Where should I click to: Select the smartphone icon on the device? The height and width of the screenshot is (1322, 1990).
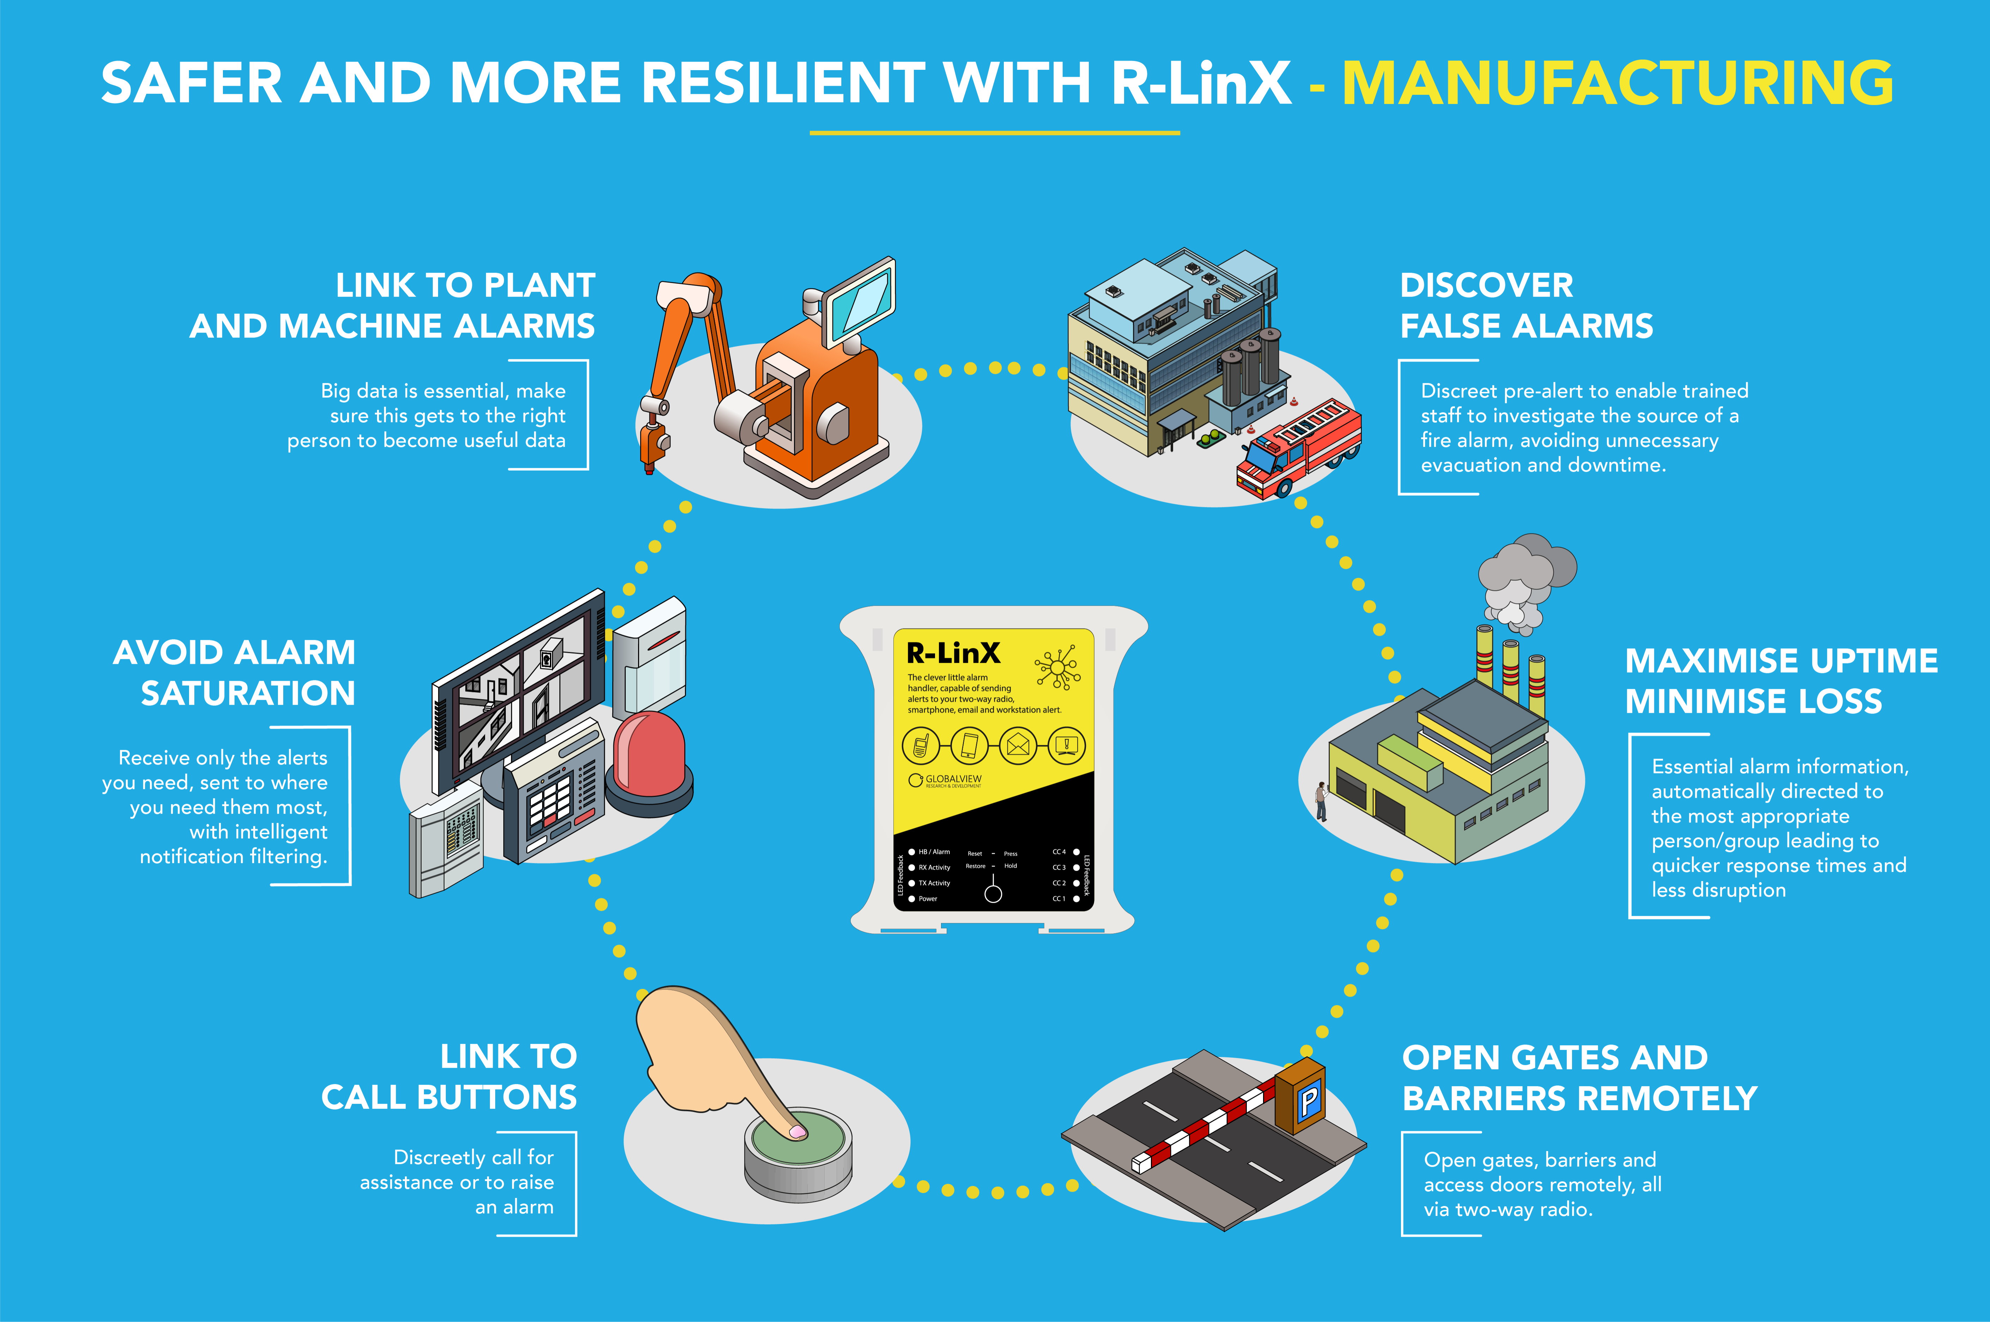[x=969, y=745]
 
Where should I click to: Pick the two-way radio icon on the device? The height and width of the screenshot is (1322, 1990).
[x=920, y=745]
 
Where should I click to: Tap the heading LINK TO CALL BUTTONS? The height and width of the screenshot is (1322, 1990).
[x=450, y=1077]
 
